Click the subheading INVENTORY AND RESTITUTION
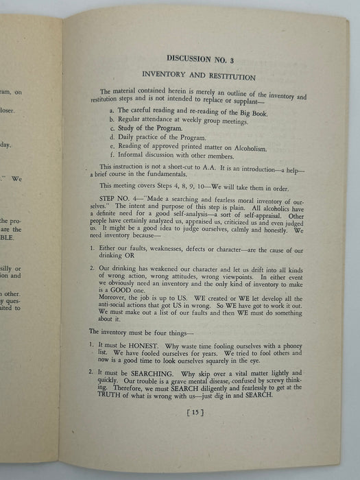pos(199,77)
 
